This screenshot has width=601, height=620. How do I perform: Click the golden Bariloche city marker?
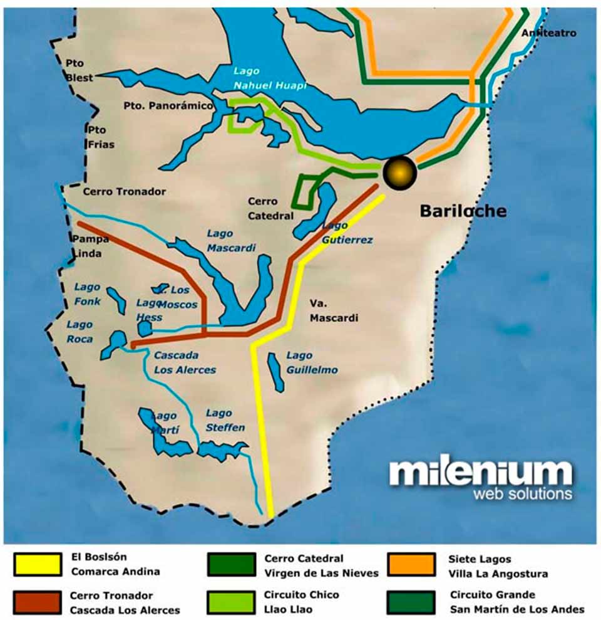point(399,172)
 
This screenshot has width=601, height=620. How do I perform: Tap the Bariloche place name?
point(463,211)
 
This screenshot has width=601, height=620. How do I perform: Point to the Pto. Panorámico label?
point(167,106)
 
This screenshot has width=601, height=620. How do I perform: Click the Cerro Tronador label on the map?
point(124,192)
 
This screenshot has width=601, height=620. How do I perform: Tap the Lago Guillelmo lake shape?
point(275,371)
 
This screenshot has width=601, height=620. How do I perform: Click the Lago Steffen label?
point(225,420)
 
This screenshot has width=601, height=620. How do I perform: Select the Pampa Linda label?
point(90,246)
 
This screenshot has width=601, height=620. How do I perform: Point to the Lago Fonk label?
point(87,294)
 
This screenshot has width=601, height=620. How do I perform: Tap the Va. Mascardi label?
point(334,310)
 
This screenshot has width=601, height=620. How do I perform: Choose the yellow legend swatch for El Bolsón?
point(38,564)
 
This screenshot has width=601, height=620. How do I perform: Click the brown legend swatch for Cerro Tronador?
point(38,602)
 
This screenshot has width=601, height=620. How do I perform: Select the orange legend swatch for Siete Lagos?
point(411,564)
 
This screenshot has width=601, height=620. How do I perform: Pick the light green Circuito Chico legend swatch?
point(232,602)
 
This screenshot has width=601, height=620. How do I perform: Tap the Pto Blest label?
point(80,70)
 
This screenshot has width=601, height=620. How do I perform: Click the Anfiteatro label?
point(548,33)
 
